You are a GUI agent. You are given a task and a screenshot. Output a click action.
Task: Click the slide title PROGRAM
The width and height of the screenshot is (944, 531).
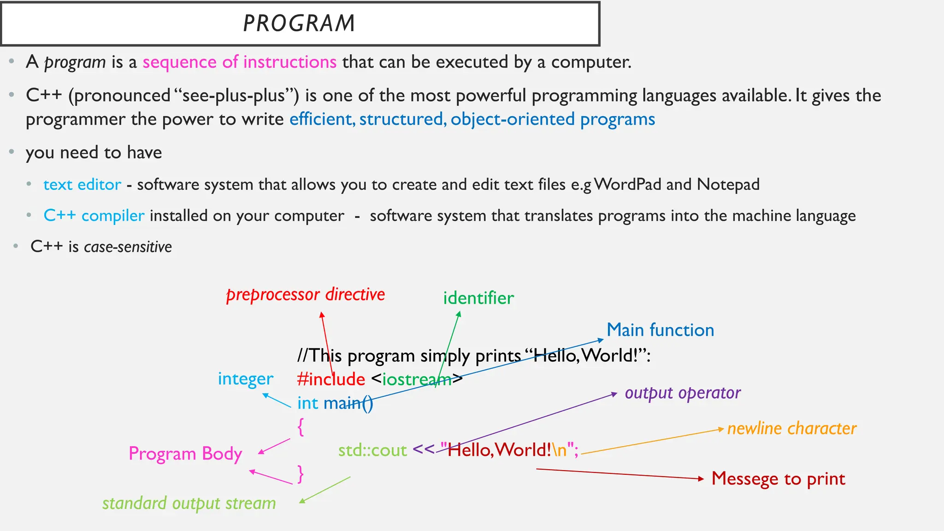pos(299,23)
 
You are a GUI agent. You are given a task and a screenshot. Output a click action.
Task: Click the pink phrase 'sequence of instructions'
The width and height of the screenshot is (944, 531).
pos(239,62)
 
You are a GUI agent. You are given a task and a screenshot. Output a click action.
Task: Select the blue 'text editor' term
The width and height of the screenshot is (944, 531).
pos(82,184)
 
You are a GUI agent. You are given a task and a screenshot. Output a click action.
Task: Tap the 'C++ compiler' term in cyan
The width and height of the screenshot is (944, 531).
pos(94,216)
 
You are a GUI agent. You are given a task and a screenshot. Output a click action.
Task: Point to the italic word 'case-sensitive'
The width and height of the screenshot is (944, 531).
pos(128,247)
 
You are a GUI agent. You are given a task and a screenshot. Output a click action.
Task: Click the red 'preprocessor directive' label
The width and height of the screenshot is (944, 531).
pos(305,295)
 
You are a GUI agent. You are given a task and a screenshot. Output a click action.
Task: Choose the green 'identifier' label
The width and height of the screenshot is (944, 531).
pos(478,298)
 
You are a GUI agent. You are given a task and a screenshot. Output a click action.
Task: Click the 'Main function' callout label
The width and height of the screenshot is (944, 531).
pos(660,330)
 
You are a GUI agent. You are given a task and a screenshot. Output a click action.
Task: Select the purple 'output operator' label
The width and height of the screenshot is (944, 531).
pos(683,393)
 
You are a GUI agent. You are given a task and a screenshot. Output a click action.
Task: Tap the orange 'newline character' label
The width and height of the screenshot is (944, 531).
pos(792,429)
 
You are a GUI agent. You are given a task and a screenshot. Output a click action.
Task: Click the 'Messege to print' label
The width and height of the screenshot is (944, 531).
pos(778,479)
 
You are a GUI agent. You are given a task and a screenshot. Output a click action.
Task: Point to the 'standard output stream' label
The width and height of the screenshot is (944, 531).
pos(189,503)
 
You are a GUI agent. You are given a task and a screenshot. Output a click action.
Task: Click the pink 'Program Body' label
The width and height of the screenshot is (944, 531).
pos(185,454)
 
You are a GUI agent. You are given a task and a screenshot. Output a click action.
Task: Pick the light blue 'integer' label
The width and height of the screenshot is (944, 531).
pos(246,379)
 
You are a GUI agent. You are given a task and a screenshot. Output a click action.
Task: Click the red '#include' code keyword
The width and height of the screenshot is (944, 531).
pos(331,379)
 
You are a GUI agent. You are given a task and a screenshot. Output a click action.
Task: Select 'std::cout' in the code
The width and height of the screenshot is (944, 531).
pos(372,450)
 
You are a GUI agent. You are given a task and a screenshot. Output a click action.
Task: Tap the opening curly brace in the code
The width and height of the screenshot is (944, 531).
pos(301,427)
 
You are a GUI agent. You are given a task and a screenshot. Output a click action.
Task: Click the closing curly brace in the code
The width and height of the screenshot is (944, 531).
pos(301,474)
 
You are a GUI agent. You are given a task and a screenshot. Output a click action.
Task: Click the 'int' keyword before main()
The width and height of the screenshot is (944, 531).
pos(307,403)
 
